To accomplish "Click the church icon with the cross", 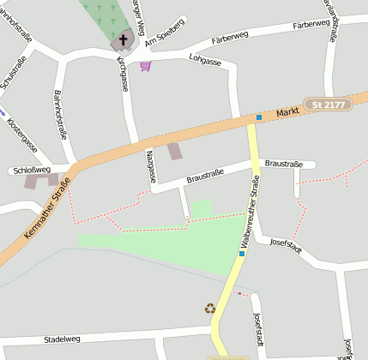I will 124,39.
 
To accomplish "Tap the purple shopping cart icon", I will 146,66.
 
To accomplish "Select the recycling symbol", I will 210,309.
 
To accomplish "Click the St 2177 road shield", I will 328,105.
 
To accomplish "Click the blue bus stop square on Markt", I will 258,117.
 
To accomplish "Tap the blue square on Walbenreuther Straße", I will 243,253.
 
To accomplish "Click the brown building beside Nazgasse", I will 175,152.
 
